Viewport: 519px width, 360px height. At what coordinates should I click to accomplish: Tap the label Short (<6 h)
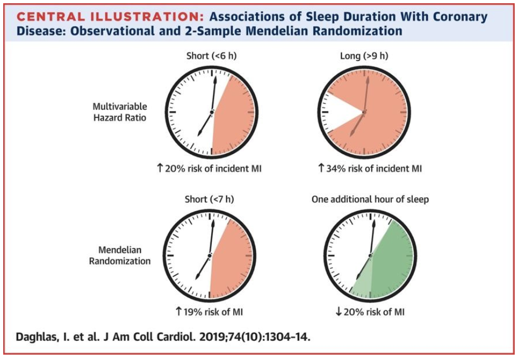(211, 56)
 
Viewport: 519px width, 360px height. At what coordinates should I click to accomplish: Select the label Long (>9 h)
(365, 56)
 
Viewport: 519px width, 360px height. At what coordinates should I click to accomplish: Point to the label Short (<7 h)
(210, 199)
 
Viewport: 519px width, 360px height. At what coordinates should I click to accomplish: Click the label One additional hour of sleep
(370, 199)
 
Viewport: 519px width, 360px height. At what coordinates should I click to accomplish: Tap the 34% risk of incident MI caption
(370, 169)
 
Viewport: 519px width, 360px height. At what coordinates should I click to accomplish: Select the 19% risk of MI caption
(211, 312)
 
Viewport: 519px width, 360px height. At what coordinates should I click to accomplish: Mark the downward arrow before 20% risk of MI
(338, 312)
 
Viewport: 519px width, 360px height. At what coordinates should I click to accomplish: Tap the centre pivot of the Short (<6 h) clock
(212, 111)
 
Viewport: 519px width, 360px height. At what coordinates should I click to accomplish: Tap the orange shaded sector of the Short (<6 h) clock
(232, 115)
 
